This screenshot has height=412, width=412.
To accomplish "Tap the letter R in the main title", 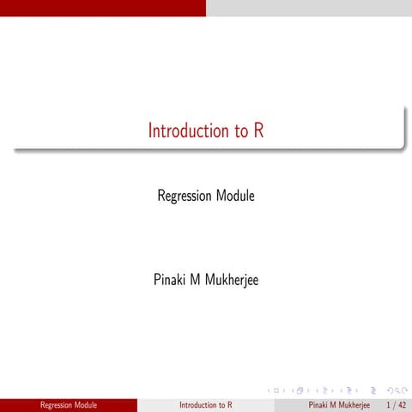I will coord(257,131).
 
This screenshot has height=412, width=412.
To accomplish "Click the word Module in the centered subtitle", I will coord(235,197).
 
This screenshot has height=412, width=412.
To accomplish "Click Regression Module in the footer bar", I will coord(69,404).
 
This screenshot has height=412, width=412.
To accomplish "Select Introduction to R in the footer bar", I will coord(206,404).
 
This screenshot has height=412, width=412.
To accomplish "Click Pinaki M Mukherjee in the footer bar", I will coord(339,404).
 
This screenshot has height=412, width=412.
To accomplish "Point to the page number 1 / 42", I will coord(397,404).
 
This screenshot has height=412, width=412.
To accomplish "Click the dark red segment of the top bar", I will coord(103,8).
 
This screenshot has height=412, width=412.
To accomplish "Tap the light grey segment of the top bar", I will coord(309,8).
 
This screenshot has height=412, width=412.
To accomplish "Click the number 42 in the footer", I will coord(402,404).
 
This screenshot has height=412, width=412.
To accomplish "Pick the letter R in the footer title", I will coord(229,404).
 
